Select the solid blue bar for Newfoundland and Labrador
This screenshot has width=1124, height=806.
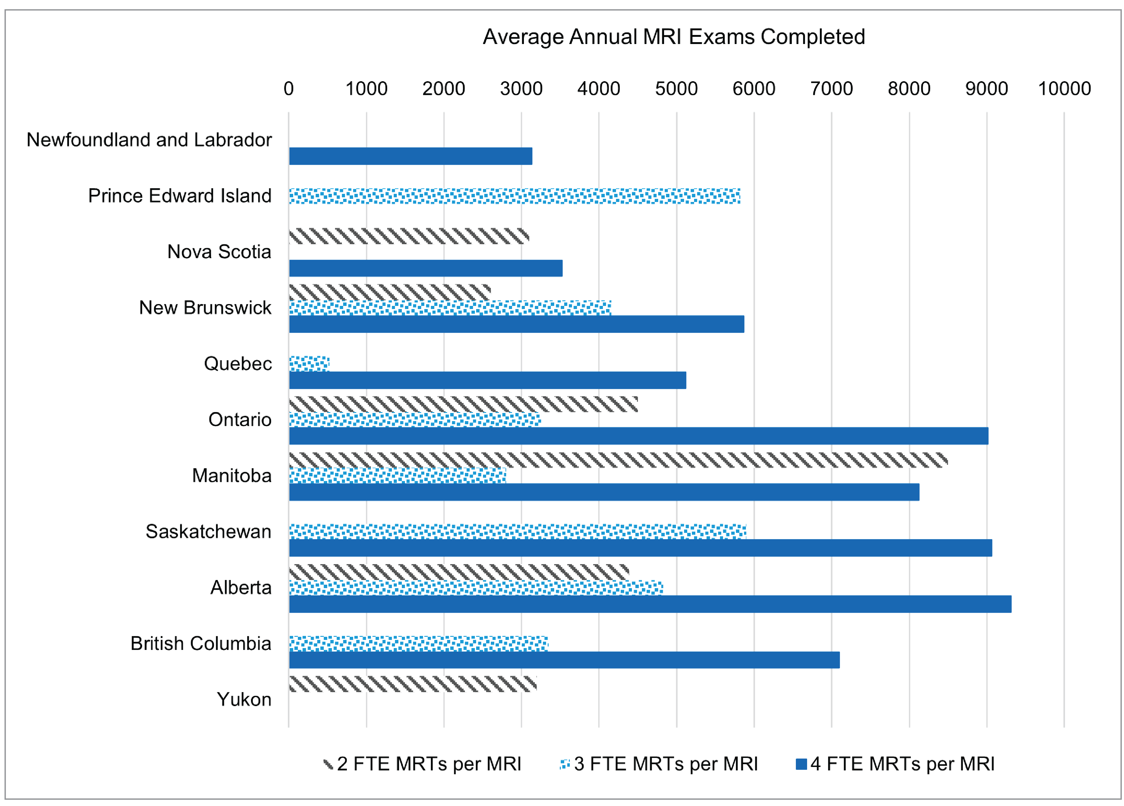point(410,156)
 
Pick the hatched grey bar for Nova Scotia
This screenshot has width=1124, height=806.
point(409,236)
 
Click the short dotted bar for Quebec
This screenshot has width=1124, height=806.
point(309,364)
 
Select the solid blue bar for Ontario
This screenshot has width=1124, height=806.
point(638,436)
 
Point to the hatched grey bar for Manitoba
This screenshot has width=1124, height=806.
point(618,460)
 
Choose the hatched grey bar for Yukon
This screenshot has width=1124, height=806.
point(412,684)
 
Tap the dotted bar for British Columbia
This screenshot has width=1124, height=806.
point(418,643)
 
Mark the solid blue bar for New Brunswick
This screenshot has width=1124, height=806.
point(516,324)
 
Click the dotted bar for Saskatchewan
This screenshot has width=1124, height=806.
point(517,532)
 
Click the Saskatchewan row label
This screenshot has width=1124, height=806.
point(208,532)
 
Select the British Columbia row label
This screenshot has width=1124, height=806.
point(201,643)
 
